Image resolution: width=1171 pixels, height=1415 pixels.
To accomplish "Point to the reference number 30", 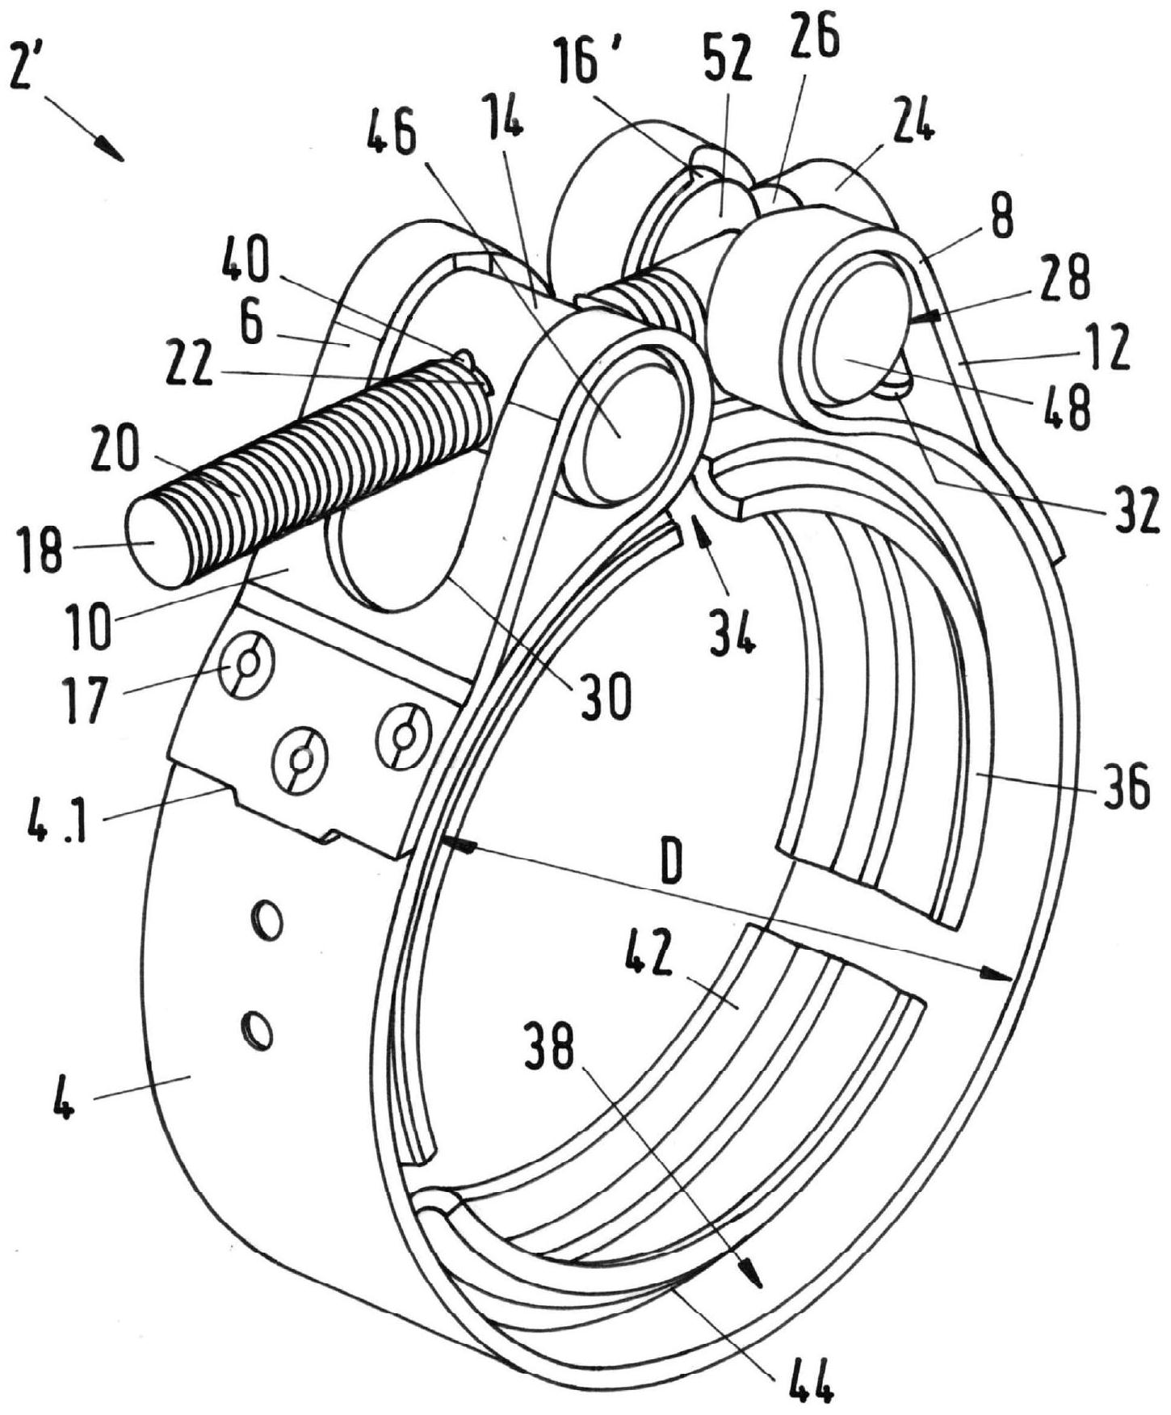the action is pos(606,696).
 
